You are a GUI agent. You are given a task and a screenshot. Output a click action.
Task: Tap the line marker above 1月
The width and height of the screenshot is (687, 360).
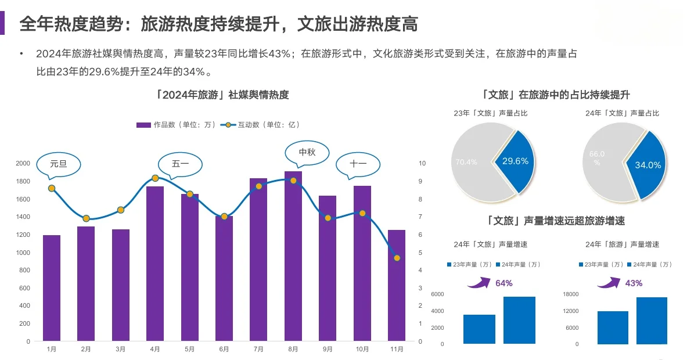click(x=52, y=188)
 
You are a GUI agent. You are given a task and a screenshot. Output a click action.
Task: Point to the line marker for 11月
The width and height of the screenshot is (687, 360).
click(x=397, y=258)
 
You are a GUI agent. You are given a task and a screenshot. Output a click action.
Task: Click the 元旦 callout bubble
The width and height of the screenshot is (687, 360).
click(x=59, y=164)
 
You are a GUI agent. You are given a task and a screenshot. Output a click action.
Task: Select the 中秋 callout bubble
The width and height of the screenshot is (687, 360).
click(x=307, y=152)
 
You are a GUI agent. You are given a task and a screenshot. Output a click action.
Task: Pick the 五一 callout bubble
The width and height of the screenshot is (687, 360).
click(x=180, y=164)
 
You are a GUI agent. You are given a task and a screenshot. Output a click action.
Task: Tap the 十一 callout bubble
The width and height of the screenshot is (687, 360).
click(x=358, y=164)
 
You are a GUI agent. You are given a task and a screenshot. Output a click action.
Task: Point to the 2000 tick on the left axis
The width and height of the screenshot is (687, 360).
click(x=23, y=164)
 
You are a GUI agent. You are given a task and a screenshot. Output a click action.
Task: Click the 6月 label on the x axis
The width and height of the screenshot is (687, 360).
click(x=224, y=350)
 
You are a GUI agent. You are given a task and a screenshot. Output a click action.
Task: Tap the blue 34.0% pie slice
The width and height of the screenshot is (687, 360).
click(x=646, y=164)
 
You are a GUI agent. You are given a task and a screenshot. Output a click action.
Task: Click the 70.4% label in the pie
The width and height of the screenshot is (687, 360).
click(x=466, y=162)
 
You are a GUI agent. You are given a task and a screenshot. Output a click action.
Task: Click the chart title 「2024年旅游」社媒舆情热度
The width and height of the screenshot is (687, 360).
click(x=222, y=95)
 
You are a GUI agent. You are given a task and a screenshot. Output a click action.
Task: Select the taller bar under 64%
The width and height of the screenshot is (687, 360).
click(x=519, y=320)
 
